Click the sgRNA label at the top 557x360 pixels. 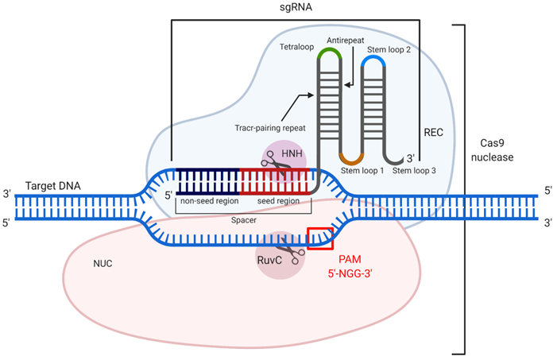pos(296,8)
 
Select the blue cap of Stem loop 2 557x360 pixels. pos(374,60)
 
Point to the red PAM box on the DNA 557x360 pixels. pos(319,237)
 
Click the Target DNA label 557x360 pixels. pos(53,185)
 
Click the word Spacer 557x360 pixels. pos(244,220)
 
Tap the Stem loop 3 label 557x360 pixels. pos(413,169)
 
